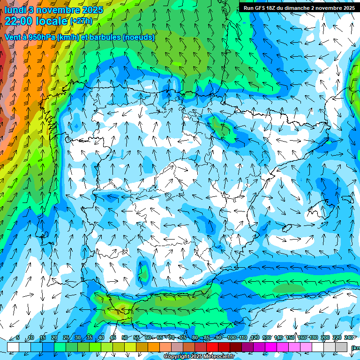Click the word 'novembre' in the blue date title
pyautogui.click(x=57, y=9)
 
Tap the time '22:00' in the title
pyautogui.click(x=20, y=21)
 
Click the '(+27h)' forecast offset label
pyautogui.click(x=81, y=21)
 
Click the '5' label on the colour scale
pyautogui.click(x=18, y=337)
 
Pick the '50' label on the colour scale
pyautogui.click(x=124, y=337)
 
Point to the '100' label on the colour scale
pyautogui.click(x=232, y=337)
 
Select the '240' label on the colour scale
pyautogui.click(x=349, y=337)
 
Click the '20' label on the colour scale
pyautogui.click(x=54, y=337)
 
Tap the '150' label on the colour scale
pyautogui.click(x=290, y=337)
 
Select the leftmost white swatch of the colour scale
pyautogui.click(x=13, y=347)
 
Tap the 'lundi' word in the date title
pyautogui.click(x=15, y=9)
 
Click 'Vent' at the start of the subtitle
pyautogui.click(x=13, y=37)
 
